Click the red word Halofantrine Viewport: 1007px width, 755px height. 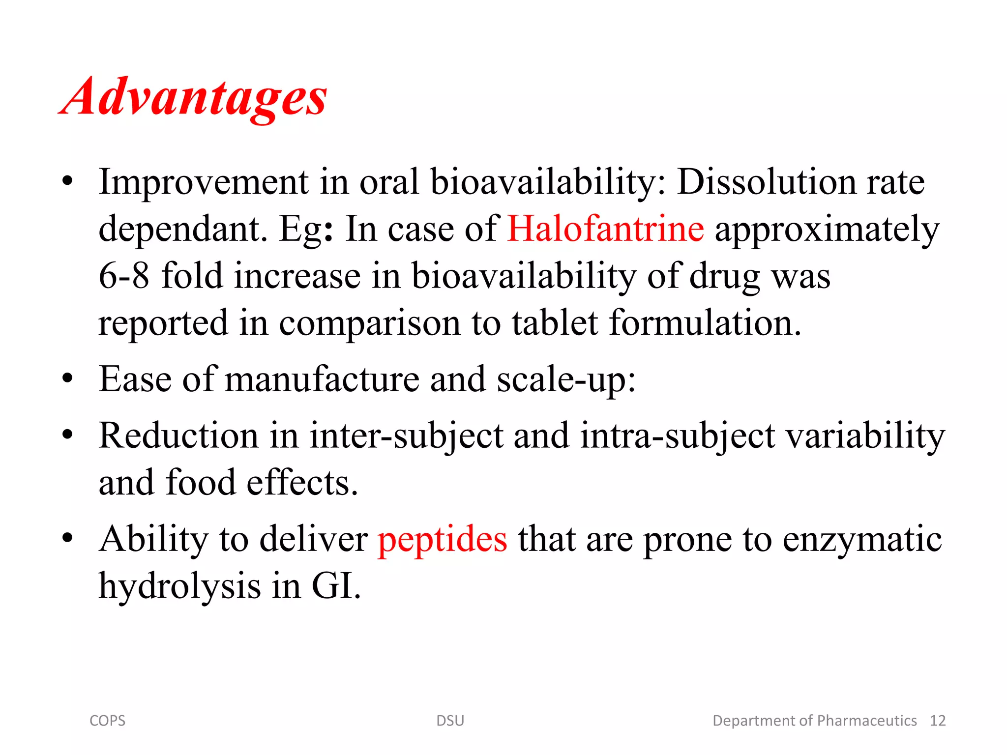[605, 229]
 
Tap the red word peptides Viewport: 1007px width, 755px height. [442, 539]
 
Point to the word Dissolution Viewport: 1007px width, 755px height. [766, 182]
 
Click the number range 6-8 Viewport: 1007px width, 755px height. [124, 276]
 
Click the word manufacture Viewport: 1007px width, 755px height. [322, 379]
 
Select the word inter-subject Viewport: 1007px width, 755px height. [407, 436]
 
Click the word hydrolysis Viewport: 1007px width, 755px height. [180, 586]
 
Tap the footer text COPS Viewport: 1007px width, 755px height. [107, 721]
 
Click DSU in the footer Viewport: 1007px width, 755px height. [450, 721]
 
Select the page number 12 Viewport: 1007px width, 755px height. [938, 721]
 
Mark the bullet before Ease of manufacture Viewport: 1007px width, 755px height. [68, 379]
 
